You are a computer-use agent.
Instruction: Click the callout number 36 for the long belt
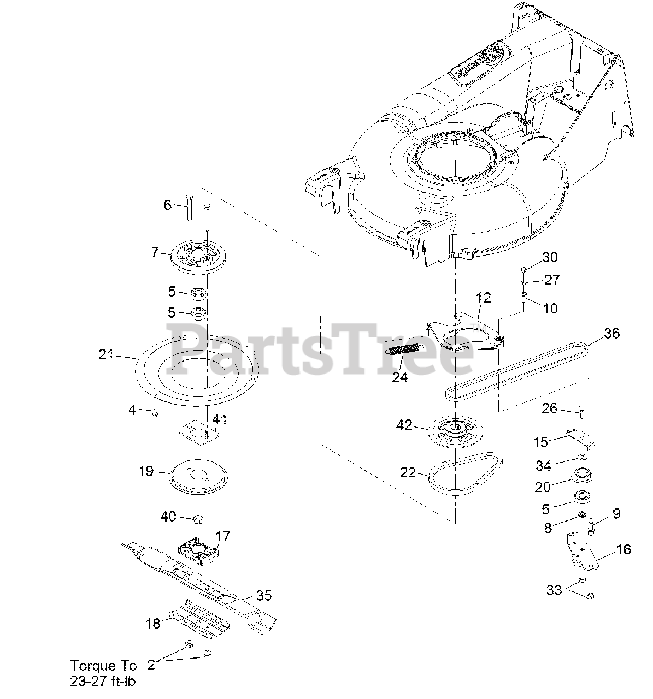click(612, 333)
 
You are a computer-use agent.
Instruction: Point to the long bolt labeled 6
click(189, 207)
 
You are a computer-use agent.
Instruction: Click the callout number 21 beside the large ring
click(105, 354)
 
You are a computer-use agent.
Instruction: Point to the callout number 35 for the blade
click(263, 595)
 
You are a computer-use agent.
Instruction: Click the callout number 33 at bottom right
click(554, 590)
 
